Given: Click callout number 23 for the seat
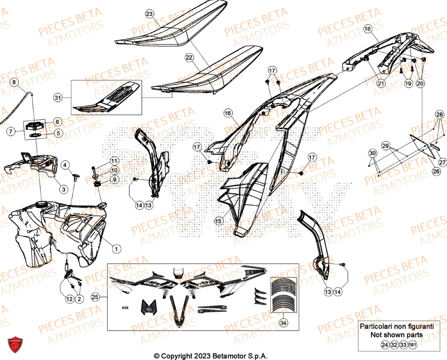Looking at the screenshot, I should pos(149,14).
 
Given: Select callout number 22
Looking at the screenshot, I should pos(189,58).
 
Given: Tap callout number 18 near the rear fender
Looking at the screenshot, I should pos(367,29).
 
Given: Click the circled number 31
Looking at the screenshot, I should pos(57,97).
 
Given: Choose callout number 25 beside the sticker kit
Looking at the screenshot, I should pos(94,297).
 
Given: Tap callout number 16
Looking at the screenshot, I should pos(228,114).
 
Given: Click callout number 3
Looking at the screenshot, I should pos(64,190).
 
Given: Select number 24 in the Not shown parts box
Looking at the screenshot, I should pos(384,345).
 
